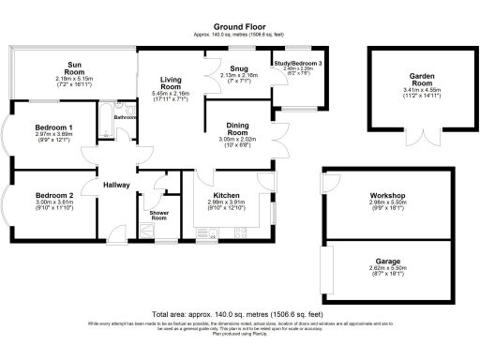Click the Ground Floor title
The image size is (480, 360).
click(240, 27)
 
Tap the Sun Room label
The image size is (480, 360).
click(75, 67)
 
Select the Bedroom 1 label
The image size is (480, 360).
click(54, 127)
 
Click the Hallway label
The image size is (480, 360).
click(116, 185)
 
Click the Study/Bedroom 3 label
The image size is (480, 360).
click(297, 63)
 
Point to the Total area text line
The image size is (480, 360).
click(240, 314)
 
